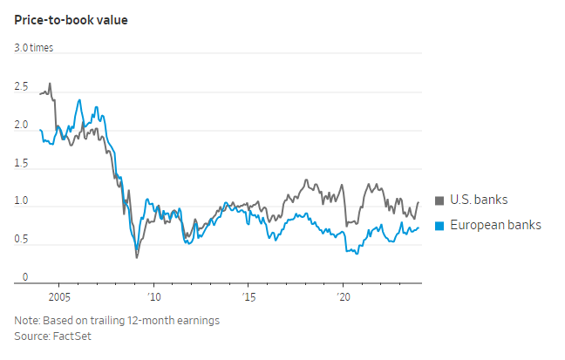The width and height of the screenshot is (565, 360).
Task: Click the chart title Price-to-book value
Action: [x=71, y=19]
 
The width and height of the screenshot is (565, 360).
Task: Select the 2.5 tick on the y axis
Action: [x=22, y=87]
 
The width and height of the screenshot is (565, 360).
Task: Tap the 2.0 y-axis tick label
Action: [x=22, y=125]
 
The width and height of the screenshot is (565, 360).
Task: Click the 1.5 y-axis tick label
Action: [x=22, y=163]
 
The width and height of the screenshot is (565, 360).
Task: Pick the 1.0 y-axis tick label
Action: [x=22, y=201]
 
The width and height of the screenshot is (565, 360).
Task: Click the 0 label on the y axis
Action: [x=25, y=276]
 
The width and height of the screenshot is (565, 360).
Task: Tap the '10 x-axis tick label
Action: [x=153, y=295]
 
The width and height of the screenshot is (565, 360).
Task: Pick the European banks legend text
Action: [x=495, y=225]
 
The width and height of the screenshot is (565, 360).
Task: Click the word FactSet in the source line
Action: [x=70, y=335]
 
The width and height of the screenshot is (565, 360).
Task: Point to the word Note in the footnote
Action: [x=28, y=320]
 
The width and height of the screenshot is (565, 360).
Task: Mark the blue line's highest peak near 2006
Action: [x=80, y=100]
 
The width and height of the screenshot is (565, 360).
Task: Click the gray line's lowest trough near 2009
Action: [x=136, y=257]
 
